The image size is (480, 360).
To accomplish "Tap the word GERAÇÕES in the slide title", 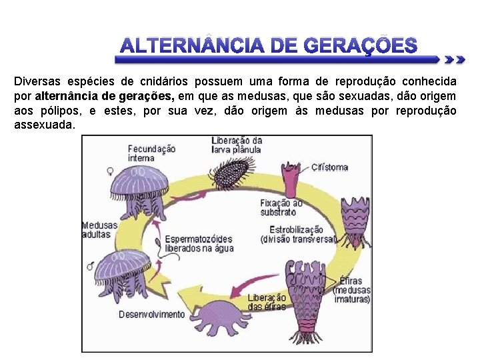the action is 361,46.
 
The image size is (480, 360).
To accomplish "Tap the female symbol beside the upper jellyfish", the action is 91,171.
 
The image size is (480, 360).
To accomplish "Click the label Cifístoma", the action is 330,167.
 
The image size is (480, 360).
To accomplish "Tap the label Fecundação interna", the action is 151,154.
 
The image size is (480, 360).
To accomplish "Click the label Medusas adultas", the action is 99,230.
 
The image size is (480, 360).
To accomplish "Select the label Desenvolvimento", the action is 152,314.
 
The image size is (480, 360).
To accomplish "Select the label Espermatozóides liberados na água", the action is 199,243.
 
